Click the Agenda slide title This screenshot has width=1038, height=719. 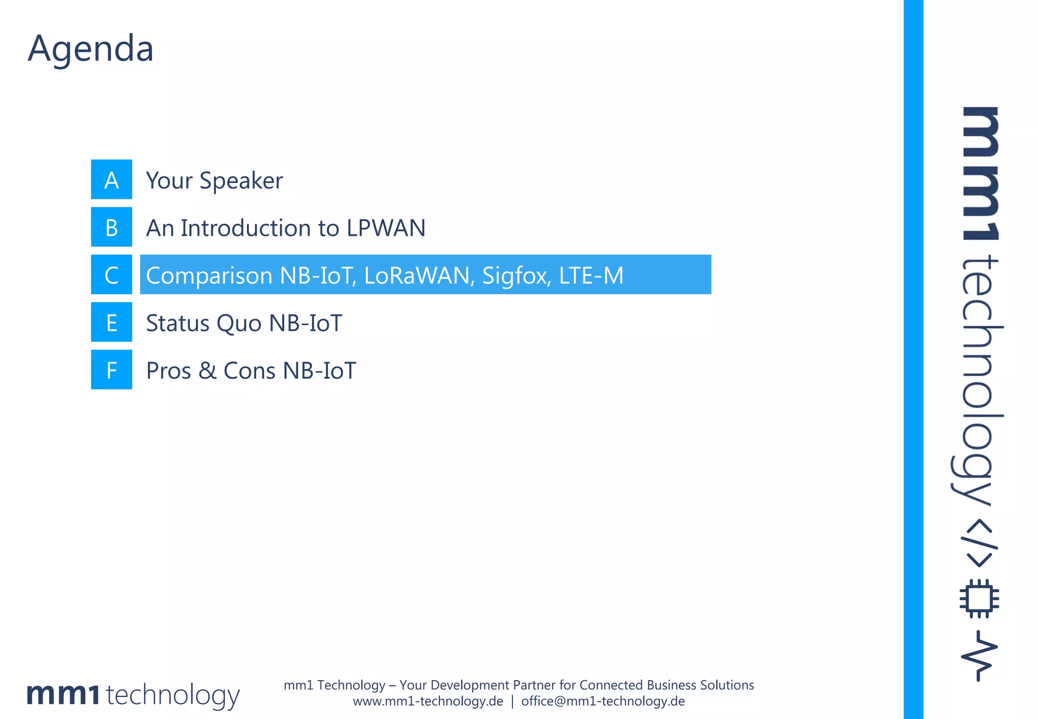pos(90,49)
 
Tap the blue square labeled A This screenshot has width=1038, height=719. pos(112,179)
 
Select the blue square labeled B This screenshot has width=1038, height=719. pos(112,227)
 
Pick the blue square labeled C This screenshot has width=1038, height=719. pos(112,275)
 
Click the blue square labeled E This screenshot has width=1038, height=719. pos(112,322)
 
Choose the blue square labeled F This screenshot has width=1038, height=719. pos(112,370)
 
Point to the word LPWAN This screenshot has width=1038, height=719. pos(386,228)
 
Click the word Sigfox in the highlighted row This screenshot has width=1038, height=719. pos(516,275)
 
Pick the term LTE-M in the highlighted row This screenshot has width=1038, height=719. pos(591,275)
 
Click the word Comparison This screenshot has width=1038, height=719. pos(209,275)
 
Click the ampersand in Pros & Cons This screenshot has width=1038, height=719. pos(207,371)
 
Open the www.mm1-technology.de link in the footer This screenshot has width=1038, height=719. pos(428,701)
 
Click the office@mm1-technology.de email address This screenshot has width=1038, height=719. pos(603,701)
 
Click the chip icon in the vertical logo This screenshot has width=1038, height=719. pos(979,598)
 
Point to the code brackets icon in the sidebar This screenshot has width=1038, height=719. pos(979,543)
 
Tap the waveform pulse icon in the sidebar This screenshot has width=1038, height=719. pos(979,656)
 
